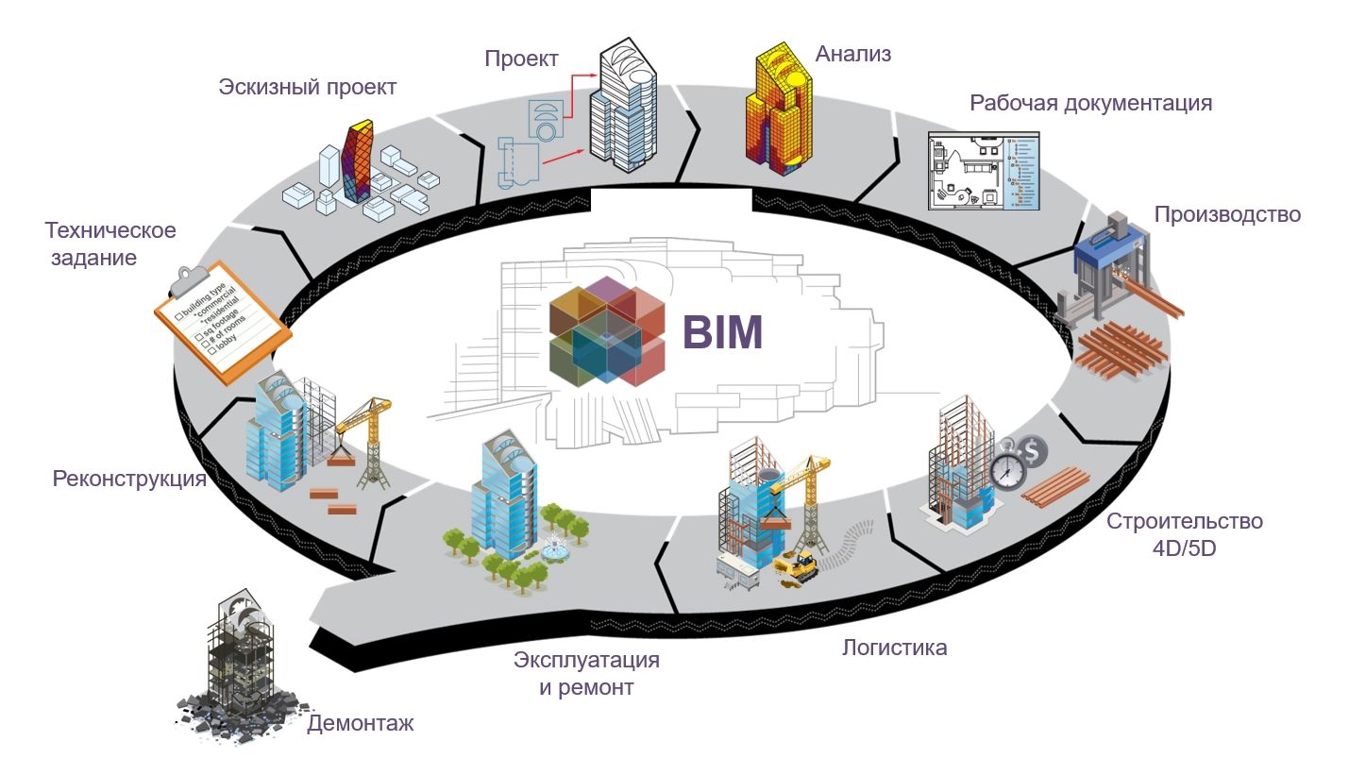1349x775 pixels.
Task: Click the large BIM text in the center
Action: click(722, 332)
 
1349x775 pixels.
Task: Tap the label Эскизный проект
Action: click(308, 88)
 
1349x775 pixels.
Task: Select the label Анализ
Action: click(853, 54)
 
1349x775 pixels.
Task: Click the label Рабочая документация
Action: click(1090, 103)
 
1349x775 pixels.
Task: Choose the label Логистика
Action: click(894, 648)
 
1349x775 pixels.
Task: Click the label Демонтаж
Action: click(361, 724)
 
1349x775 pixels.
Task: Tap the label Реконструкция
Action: click(129, 479)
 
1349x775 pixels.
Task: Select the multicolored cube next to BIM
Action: click(607, 335)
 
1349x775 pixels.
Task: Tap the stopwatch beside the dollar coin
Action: click(1007, 469)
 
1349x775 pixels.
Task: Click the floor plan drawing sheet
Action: click(983, 170)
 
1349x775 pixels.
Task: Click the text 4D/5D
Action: click(1184, 547)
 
